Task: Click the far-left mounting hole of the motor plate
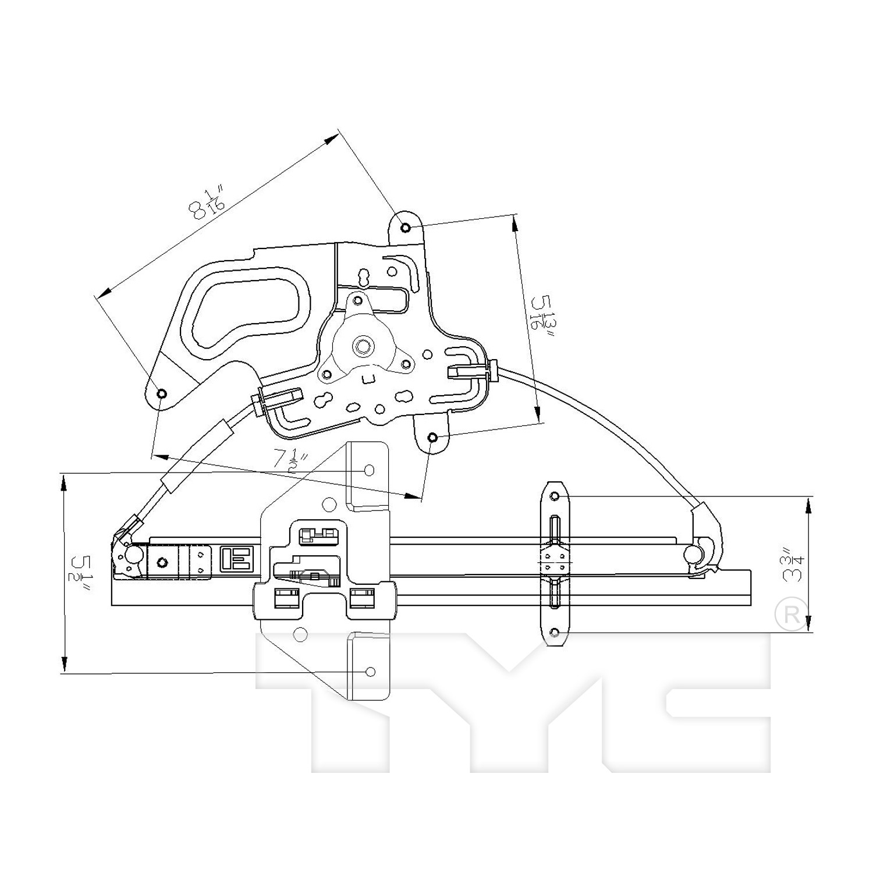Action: [162, 393]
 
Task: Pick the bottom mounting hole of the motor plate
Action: [432, 438]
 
